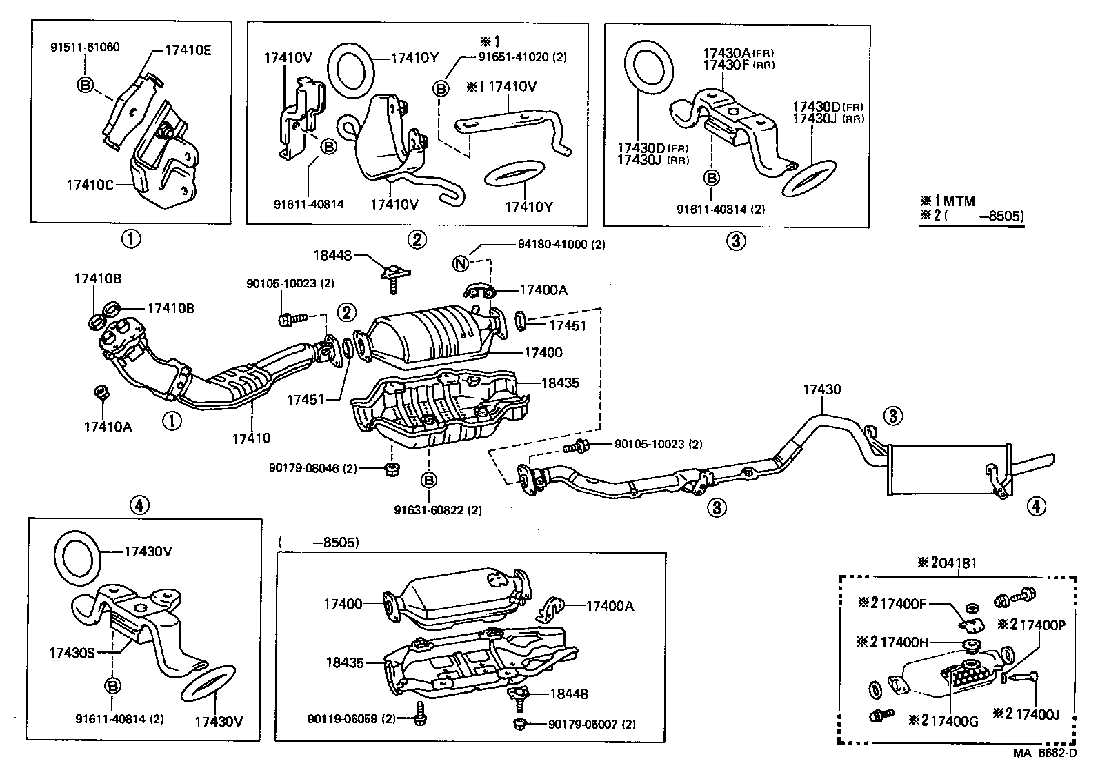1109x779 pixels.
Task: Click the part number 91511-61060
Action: [x=85, y=48]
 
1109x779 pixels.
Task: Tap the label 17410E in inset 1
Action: [x=188, y=50]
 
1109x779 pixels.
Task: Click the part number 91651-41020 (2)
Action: [x=523, y=57]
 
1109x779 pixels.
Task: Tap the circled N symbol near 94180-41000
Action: [x=461, y=263]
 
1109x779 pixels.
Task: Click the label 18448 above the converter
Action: [x=333, y=255]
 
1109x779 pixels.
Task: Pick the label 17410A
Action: [x=108, y=427]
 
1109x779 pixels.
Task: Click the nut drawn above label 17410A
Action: [x=100, y=393]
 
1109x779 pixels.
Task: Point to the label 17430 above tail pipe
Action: [x=821, y=389]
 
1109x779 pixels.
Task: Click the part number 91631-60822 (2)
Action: [x=438, y=510]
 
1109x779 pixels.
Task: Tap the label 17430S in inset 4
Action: [x=71, y=651]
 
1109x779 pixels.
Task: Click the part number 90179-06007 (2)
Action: [x=592, y=724]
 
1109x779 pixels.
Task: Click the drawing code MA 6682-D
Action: [x=1044, y=753]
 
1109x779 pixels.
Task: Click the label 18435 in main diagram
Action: [x=560, y=383]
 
